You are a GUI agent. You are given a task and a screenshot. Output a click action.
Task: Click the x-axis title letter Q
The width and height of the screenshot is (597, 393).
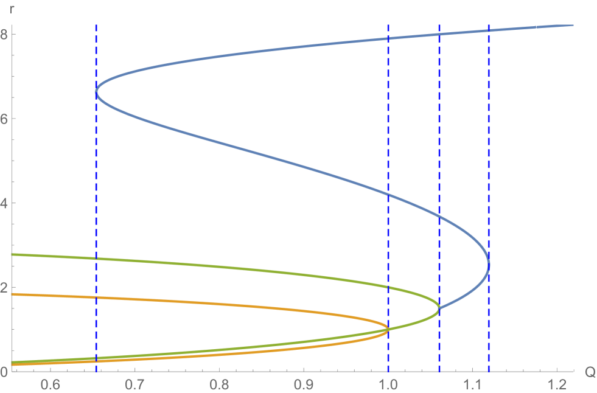(588, 373)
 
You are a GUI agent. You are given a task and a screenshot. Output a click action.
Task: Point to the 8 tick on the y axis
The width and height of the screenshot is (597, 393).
(4, 34)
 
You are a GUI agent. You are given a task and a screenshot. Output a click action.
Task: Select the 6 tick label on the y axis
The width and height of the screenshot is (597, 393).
(4, 119)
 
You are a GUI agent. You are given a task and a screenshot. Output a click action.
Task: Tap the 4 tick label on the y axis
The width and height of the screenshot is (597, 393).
(4, 203)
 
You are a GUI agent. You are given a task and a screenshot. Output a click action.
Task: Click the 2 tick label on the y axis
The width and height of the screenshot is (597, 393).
(4, 288)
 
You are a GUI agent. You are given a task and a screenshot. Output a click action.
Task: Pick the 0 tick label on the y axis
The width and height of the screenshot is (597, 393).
(4, 372)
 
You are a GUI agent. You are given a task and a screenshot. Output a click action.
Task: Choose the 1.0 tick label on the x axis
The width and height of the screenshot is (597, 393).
(388, 385)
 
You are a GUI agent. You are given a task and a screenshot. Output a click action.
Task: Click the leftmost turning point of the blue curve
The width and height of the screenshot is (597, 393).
(96, 92)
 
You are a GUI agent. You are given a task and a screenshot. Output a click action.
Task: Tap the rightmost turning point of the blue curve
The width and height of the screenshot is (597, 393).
(489, 265)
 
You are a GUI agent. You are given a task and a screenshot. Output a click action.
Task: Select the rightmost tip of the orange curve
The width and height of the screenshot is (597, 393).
(388, 329)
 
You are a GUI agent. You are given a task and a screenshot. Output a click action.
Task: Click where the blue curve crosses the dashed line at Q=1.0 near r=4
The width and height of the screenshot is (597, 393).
(388, 194)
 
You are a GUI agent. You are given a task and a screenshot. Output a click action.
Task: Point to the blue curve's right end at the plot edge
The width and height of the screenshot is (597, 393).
(572, 25)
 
